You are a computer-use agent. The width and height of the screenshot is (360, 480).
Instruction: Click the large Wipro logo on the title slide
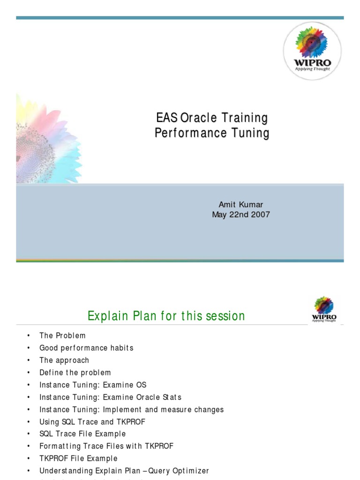coord(312,51)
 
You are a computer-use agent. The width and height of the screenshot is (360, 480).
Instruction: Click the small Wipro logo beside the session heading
coord(324,309)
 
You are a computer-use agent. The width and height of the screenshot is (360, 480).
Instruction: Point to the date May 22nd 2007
coord(241,215)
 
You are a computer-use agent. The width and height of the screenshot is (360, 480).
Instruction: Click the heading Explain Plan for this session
coord(166,316)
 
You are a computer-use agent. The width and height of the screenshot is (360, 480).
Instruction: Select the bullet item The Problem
coord(62,336)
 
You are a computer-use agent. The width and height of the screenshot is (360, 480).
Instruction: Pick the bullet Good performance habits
coord(86,348)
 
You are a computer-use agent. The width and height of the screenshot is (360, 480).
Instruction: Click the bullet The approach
coord(64,360)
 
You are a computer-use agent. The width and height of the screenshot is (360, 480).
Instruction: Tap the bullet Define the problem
coord(75,373)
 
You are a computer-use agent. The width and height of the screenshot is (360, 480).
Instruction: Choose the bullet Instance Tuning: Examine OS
coord(93,385)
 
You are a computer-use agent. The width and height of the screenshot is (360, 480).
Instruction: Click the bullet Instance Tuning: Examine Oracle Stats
coord(110,397)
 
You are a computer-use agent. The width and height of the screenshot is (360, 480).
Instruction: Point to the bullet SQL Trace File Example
coord(82,434)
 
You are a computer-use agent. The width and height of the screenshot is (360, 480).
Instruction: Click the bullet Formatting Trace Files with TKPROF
coord(106,446)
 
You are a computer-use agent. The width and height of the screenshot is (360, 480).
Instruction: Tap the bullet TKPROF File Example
coord(78,458)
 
